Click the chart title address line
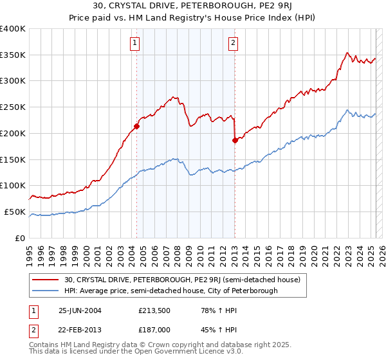(192, 7)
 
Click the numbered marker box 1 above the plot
(135, 44)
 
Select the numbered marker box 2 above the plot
(232, 44)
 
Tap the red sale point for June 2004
(137, 126)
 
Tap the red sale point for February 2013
(235, 140)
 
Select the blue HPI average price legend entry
(170, 291)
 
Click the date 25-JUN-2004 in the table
(80, 310)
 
